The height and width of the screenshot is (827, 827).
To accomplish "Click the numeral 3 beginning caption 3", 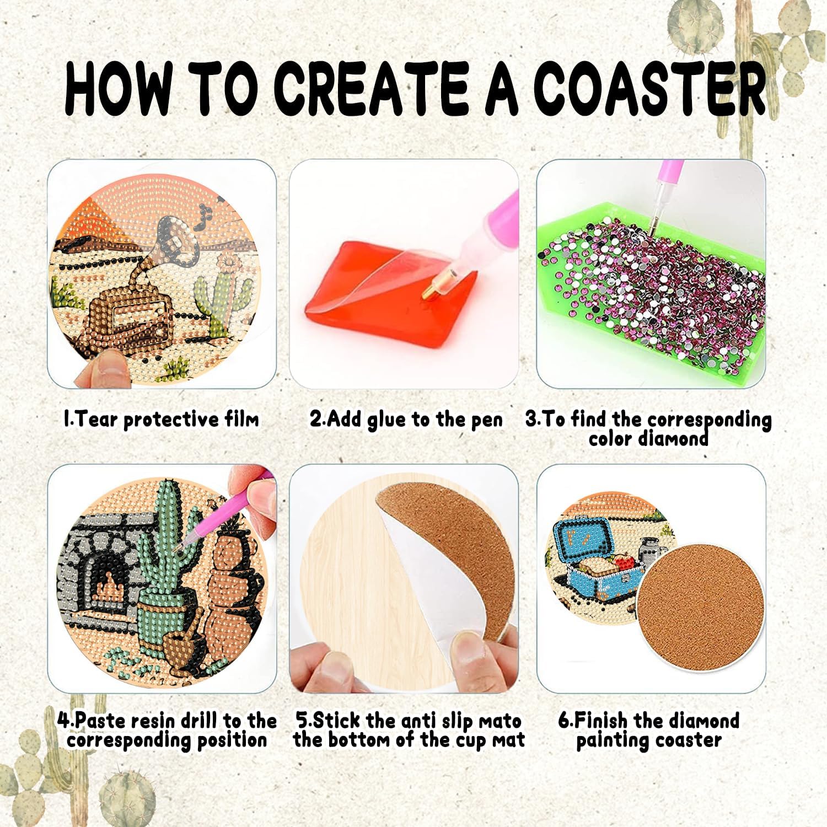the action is click(x=531, y=419).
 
